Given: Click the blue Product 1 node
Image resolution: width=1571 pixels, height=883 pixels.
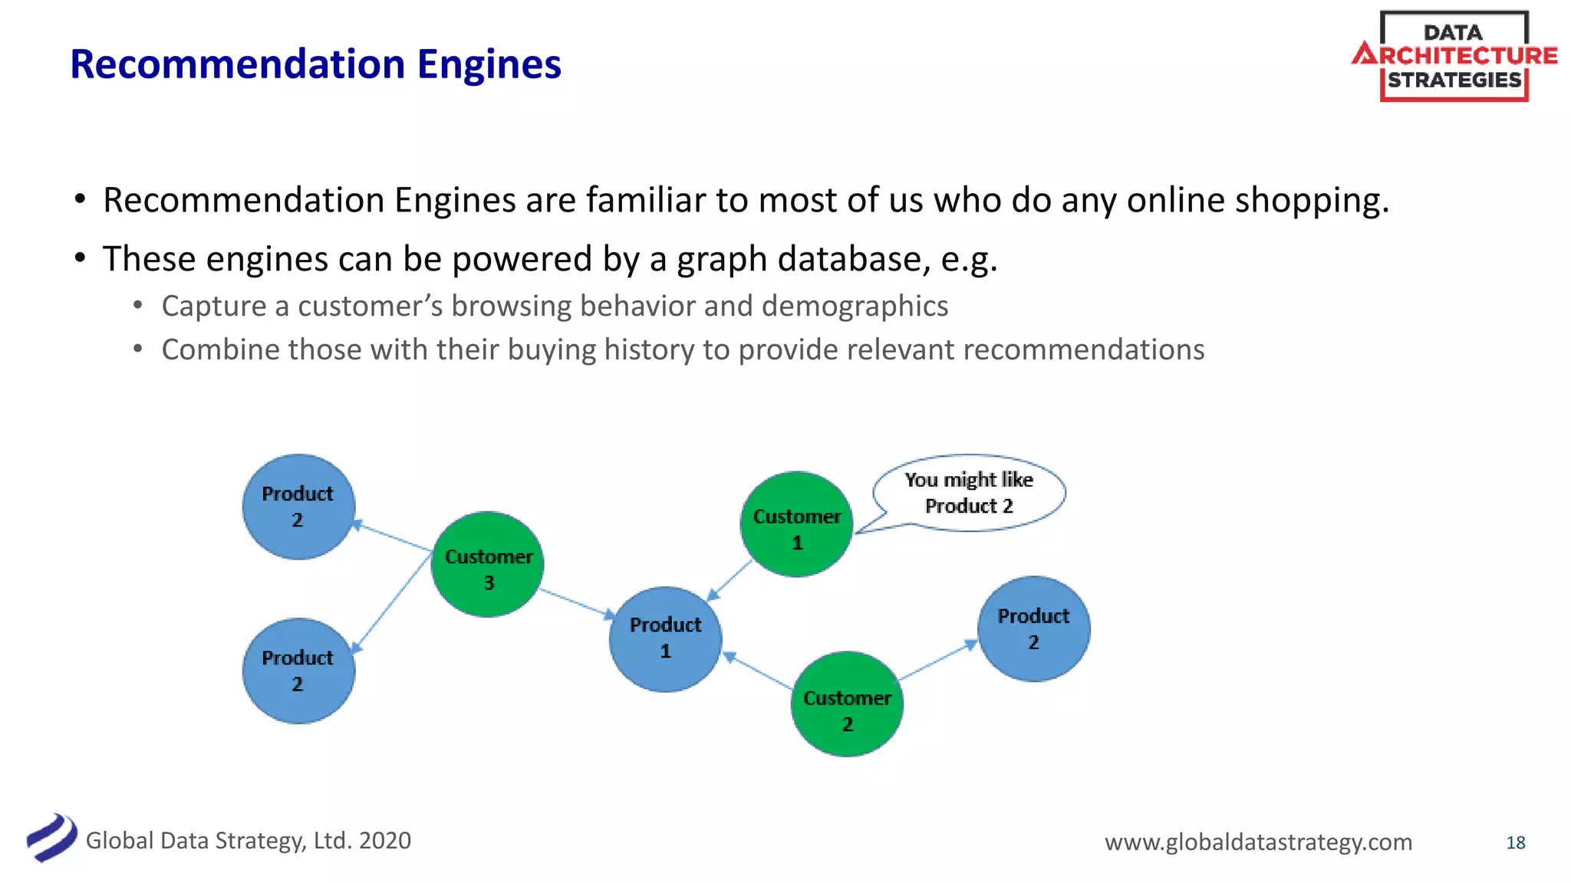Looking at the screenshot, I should coord(665,639).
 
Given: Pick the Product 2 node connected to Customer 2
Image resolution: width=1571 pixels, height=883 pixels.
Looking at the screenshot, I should coord(1033,629).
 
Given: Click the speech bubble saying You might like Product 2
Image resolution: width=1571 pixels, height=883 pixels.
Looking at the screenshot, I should coord(969,492).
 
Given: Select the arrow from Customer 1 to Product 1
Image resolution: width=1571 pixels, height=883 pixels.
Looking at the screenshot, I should coord(730,580).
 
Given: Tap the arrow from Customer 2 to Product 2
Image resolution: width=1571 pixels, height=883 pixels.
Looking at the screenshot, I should coord(937,661).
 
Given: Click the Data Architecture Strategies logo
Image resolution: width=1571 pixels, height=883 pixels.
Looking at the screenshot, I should coord(1454,56).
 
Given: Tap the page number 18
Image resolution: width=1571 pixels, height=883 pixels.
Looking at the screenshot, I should coord(1515,842).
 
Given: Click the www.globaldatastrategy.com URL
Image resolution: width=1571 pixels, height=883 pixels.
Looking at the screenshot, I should coord(1258,842).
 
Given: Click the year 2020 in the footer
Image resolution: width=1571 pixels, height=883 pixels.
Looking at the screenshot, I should coord(385,841).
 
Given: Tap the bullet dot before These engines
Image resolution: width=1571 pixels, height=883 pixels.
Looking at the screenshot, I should coord(80,258).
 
